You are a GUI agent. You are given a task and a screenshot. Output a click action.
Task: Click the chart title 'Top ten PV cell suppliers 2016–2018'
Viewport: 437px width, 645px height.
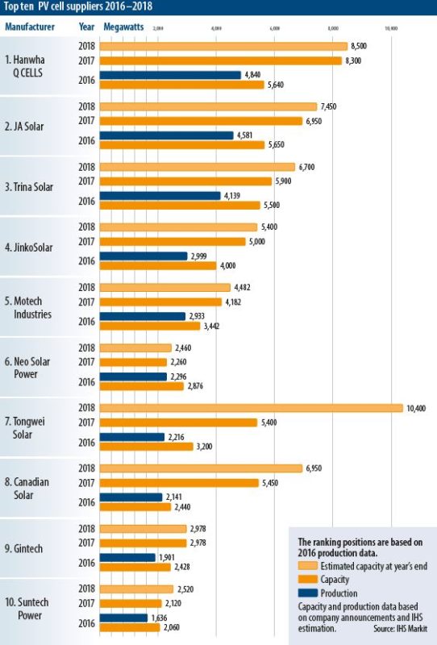tap(76, 7)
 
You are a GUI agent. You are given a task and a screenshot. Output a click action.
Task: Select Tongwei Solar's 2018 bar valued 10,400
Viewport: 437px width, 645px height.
tap(251, 408)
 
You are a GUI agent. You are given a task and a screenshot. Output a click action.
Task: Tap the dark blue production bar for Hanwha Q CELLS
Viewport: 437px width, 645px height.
tap(170, 75)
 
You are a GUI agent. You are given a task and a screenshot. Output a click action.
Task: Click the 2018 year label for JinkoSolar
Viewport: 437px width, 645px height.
tap(87, 227)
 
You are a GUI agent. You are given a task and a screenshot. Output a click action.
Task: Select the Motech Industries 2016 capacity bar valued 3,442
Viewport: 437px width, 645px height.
tap(149, 326)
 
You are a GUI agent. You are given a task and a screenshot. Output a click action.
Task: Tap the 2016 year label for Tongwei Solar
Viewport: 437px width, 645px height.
tap(87, 441)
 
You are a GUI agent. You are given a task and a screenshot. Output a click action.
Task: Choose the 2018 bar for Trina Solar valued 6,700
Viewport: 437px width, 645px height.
tap(197, 167)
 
